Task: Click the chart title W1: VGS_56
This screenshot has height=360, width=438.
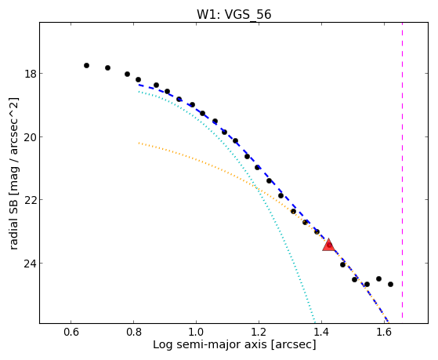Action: point(233,15)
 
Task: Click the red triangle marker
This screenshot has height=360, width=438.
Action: point(329,245)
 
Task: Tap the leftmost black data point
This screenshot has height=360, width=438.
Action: point(87,65)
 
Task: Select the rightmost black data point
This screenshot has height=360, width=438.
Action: point(390,284)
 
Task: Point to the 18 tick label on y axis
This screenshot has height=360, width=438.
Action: point(30,74)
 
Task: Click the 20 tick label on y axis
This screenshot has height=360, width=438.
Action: point(30,137)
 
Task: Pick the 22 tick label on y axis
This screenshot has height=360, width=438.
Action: point(30,200)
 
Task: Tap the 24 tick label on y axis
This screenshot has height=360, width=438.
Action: point(30,264)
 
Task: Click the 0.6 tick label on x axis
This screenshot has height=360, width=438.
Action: point(71,332)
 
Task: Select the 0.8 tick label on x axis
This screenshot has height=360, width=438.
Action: point(134,332)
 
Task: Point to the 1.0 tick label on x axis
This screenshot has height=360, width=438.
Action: point(197,332)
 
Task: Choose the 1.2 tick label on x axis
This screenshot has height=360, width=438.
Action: point(259,332)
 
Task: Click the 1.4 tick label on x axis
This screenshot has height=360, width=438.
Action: point(321,332)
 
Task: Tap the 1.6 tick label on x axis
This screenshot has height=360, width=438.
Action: point(385,332)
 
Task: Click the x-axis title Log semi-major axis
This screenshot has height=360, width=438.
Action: point(210,345)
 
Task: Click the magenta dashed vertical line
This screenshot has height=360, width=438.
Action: point(402,170)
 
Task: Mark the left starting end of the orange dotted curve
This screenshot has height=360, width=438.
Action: point(139,143)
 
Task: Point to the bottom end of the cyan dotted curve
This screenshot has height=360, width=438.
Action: point(315,322)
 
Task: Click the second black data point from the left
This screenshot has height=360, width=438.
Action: point(108,67)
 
